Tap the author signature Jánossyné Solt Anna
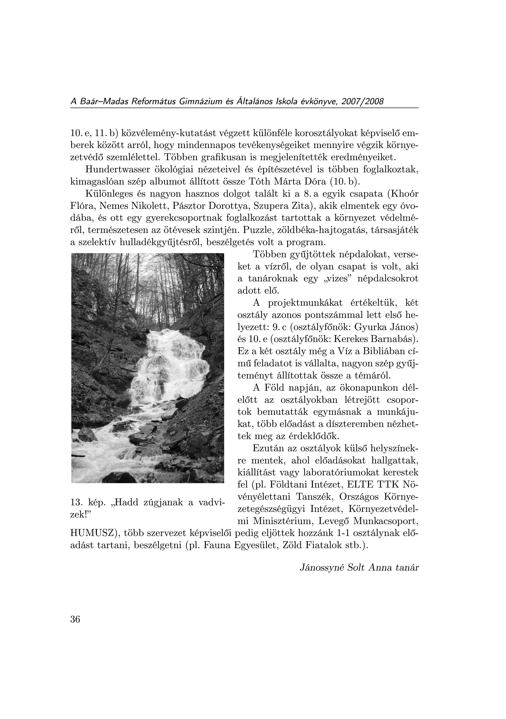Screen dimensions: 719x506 [x=346, y=568]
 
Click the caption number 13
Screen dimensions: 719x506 [x=75, y=503]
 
